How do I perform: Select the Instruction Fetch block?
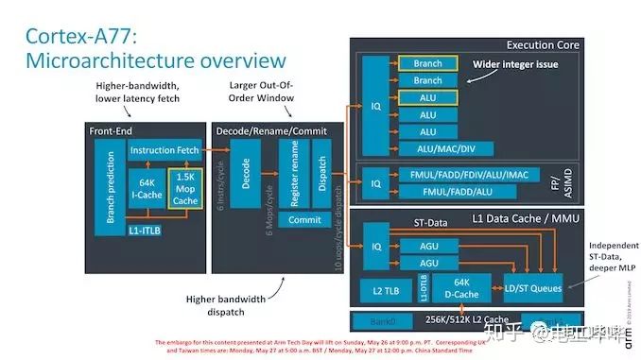pyautogui.click(x=165, y=150)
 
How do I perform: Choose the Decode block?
pyautogui.click(x=246, y=180)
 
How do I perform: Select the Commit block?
pyautogui.click(x=304, y=219)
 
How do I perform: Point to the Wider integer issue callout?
pyautogui.click(x=515, y=64)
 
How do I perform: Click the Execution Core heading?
pyautogui.click(x=543, y=44)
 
